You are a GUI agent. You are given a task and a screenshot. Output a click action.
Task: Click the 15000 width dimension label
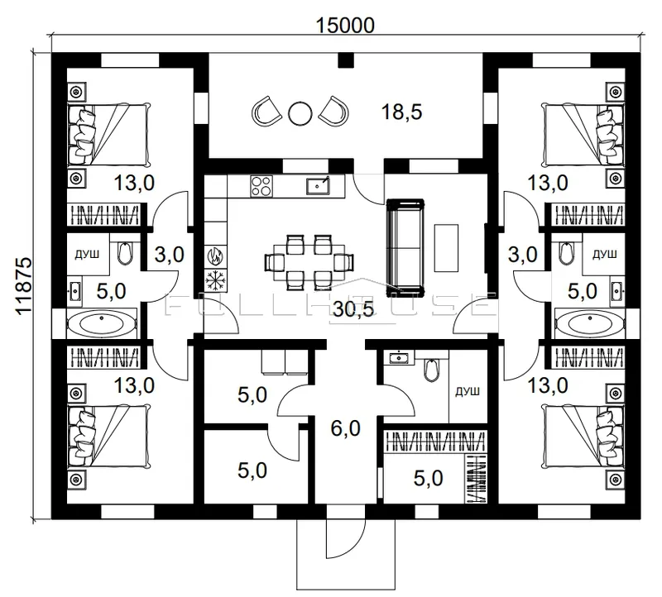click(x=345, y=26)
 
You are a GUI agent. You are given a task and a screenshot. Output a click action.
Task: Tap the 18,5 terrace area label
click(x=401, y=112)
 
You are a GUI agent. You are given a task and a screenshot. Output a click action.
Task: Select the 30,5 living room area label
click(x=353, y=309)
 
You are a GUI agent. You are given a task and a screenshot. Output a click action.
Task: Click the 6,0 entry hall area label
click(x=345, y=428)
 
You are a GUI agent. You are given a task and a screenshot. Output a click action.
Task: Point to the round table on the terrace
click(x=300, y=113)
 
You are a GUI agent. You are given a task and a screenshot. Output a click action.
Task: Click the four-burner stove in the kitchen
click(x=261, y=186)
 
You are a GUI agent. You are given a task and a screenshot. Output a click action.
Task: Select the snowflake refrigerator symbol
click(x=216, y=279)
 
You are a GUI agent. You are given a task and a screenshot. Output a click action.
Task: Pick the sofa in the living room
click(x=405, y=246)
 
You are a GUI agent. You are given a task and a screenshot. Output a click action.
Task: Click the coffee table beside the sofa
click(x=446, y=248)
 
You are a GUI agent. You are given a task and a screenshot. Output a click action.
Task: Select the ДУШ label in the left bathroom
click(x=88, y=254)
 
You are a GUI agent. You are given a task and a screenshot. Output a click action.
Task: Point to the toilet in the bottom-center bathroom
click(x=431, y=369)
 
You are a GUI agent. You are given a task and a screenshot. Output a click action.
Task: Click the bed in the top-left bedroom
click(x=108, y=135)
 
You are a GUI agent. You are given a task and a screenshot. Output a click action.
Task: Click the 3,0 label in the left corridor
click(x=169, y=255)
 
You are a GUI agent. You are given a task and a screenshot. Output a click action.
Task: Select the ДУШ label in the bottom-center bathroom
click(x=468, y=392)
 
